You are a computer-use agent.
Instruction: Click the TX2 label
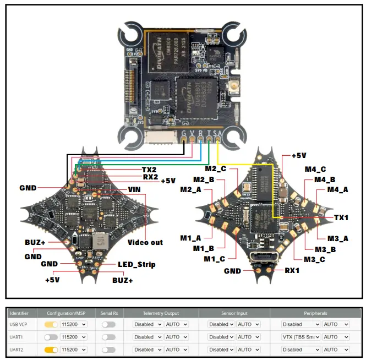tap(150, 170)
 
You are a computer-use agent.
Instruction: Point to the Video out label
tap(145, 242)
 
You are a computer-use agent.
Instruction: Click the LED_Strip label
tap(136, 264)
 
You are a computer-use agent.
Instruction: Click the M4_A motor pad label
tap(338, 189)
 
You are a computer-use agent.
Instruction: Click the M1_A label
tap(191, 238)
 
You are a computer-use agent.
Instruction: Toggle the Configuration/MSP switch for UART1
tap(51, 337)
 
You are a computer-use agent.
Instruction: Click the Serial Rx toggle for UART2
tap(108, 350)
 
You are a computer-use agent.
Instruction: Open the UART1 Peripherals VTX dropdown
tap(301, 337)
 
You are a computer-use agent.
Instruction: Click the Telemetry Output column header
tap(161, 313)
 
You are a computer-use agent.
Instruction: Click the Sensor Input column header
tap(234, 313)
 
